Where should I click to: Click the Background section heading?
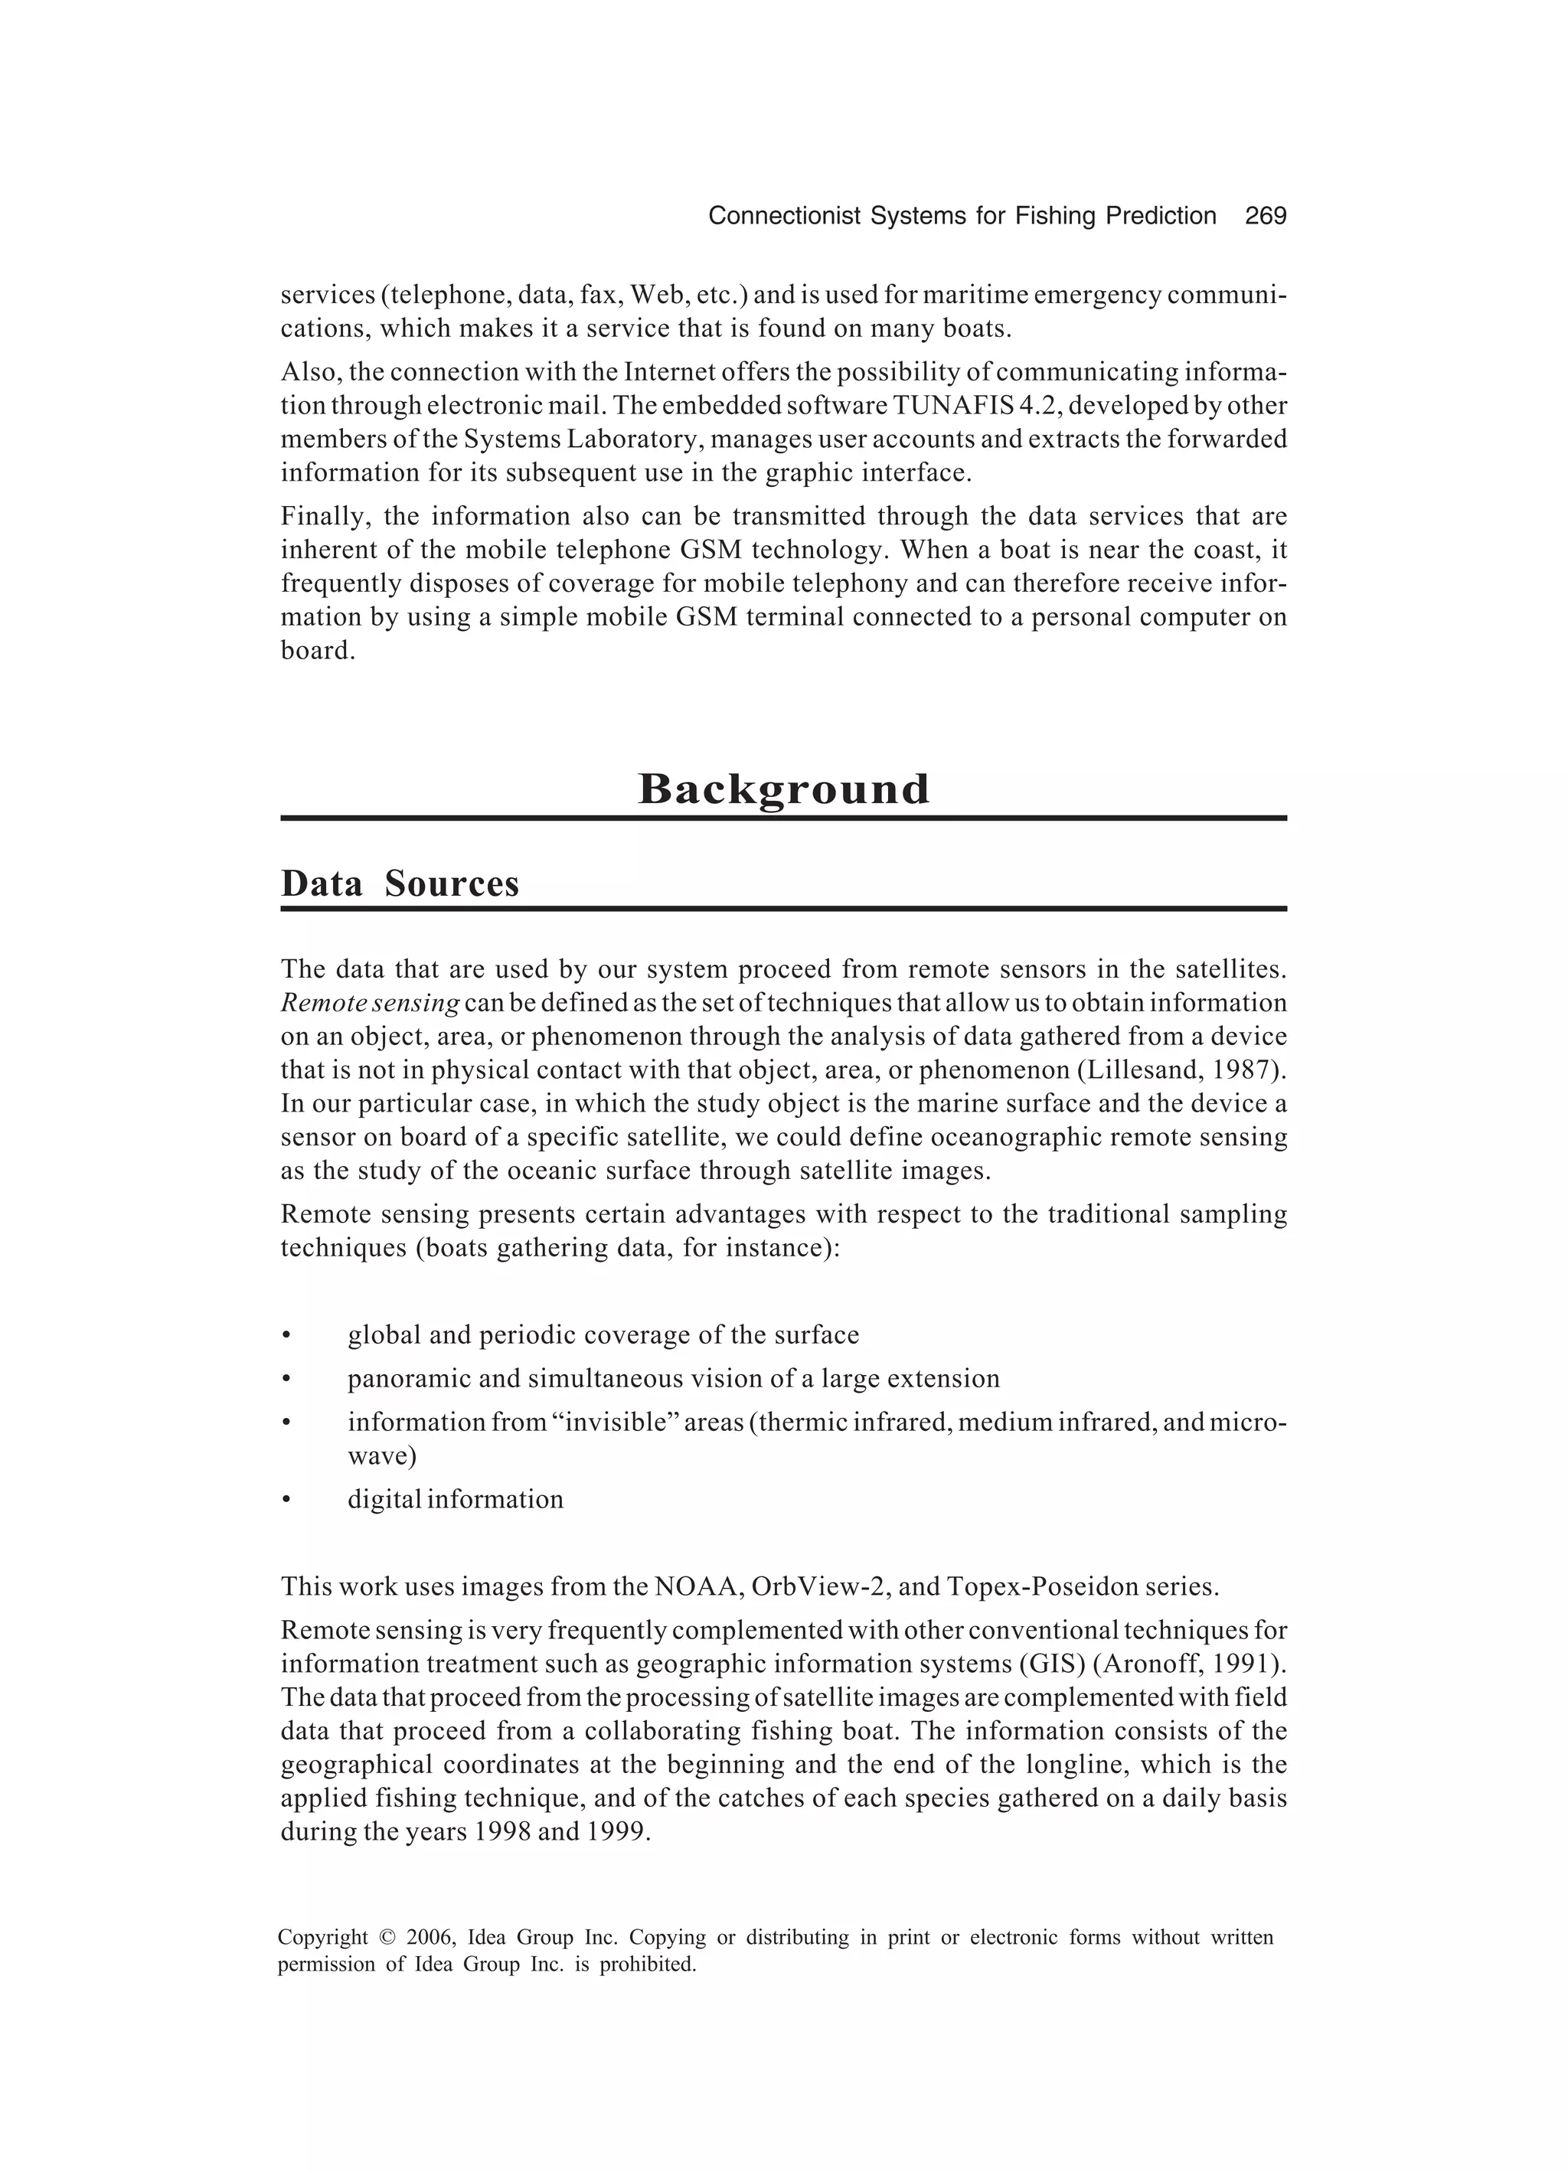coord(783,789)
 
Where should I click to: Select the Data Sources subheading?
coord(400,883)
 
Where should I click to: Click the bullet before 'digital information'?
coord(286,1500)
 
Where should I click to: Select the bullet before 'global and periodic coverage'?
coord(286,1335)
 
